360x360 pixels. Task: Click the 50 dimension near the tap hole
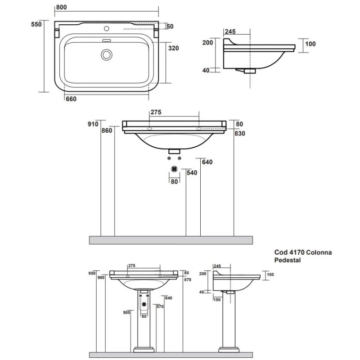tap(170, 27)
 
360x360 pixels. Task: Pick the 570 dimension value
tap(159, 307)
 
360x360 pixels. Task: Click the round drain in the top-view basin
tap(106, 54)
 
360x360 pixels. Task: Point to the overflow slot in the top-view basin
tap(106, 40)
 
